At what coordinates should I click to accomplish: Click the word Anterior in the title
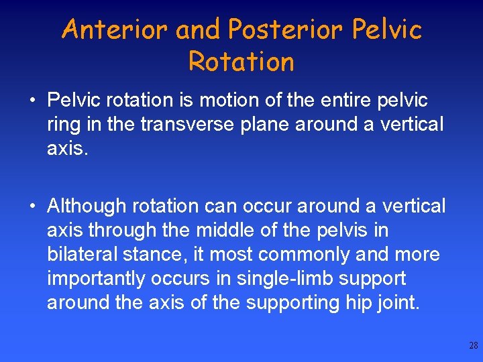[112, 29]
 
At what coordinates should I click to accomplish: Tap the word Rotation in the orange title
[241, 62]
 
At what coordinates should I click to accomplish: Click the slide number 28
[474, 346]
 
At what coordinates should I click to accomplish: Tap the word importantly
[95, 279]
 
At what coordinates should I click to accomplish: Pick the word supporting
[294, 303]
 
